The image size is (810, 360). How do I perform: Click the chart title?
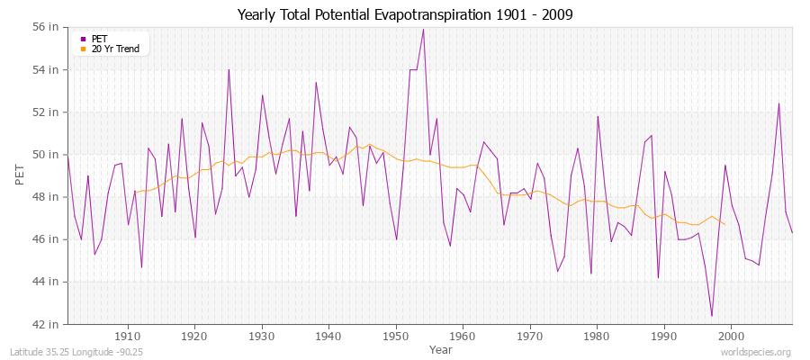(405, 14)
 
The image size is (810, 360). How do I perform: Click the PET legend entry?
(99, 39)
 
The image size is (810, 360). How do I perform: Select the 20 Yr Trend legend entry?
(115, 49)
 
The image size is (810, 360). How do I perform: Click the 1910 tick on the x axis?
(128, 335)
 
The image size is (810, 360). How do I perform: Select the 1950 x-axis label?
(396, 335)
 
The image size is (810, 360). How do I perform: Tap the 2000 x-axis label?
(731, 335)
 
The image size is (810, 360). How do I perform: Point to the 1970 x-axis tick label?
(530, 335)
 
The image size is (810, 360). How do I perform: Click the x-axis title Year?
(441, 348)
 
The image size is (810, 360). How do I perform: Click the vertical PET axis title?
(21, 175)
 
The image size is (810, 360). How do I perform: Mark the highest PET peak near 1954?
(423, 30)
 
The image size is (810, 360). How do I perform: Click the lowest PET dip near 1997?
(711, 316)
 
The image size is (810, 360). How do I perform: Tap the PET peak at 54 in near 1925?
(229, 70)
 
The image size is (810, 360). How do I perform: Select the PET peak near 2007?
(778, 103)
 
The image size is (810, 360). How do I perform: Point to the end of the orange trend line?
(724, 224)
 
